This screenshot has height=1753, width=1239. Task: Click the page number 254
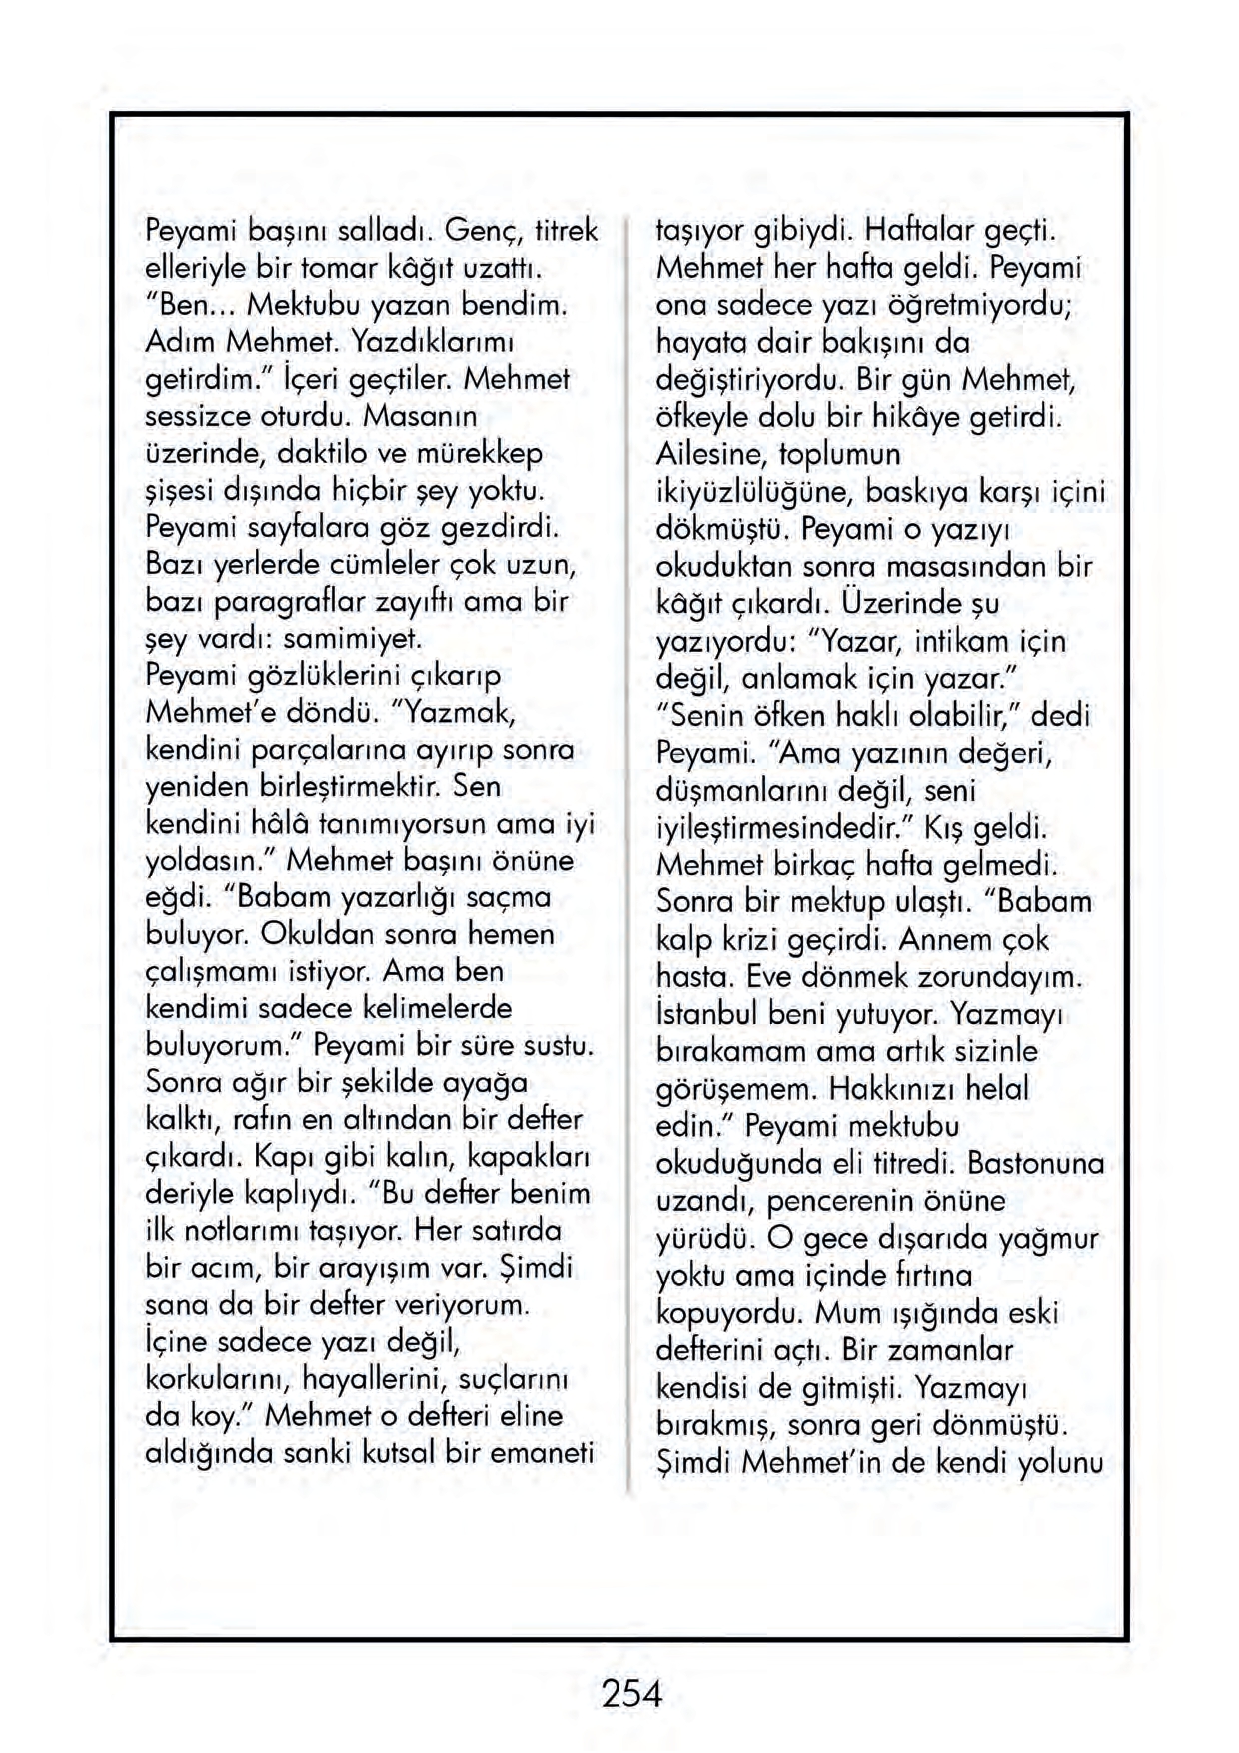[x=631, y=1693]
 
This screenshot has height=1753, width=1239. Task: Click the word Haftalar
[x=920, y=231]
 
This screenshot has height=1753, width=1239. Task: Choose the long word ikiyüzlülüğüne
[x=753, y=492]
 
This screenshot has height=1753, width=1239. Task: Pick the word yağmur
[x=1048, y=1239]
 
